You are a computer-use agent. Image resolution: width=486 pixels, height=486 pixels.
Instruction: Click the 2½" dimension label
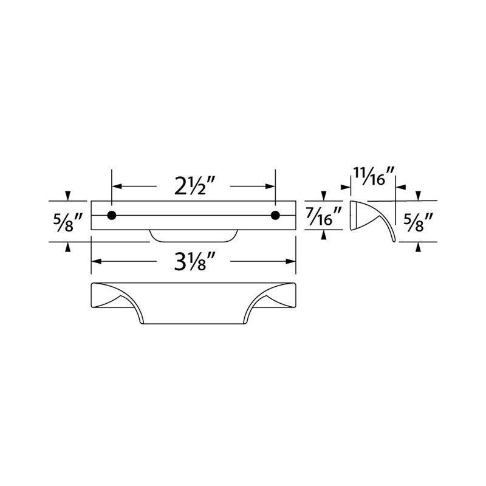point(194,186)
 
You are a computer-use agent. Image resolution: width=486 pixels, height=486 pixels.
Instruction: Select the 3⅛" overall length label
point(194,261)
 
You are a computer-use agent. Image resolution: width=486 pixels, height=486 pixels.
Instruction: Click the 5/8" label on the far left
point(68,222)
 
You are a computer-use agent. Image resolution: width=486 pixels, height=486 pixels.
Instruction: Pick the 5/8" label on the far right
point(419,222)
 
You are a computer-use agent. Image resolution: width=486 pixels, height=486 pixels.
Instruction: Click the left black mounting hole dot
point(112,215)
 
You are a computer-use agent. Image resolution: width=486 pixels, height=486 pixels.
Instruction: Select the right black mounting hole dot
point(275,215)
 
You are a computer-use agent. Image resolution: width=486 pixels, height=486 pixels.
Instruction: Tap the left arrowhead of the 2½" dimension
point(116,187)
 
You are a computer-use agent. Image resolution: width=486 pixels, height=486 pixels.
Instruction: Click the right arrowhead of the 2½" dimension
point(270,187)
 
